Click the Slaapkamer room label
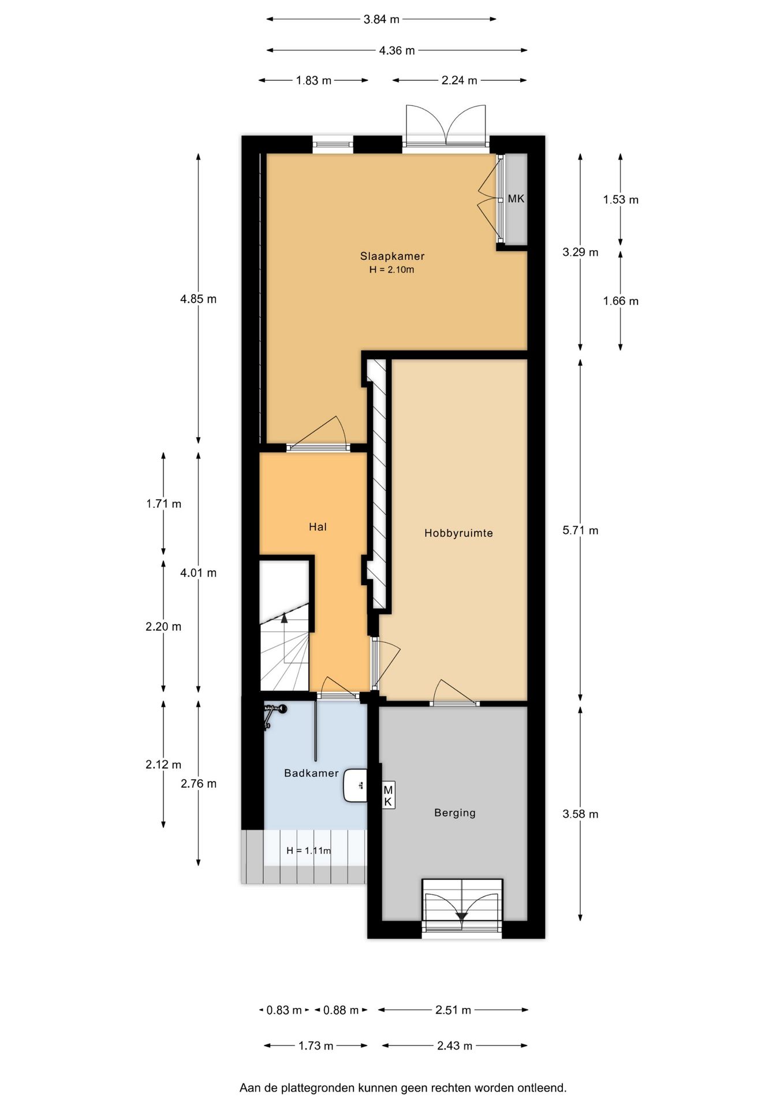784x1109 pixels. click(392, 256)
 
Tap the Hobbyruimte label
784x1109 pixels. click(458, 533)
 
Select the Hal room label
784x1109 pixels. click(318, 527)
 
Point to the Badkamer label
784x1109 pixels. click(311, 773)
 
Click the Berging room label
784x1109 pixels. click(455, 813)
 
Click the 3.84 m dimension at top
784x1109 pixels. click(382, 19)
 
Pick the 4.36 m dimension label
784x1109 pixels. click(397, 50)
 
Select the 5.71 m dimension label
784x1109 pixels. click(580, 530)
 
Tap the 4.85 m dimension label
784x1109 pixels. click(198, 299)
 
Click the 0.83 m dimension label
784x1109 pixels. click(284, 1010)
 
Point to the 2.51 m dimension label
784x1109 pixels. click(453, 1010)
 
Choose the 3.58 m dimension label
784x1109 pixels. click(580, 814)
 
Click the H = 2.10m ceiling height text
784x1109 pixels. click(392, 270)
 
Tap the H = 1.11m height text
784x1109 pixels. click(309, 850)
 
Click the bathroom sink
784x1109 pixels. click(356, 786)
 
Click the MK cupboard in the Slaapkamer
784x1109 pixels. click(515, 199)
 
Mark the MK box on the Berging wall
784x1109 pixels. click(388, 796)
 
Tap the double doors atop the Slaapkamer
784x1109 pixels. click(446, 124)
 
